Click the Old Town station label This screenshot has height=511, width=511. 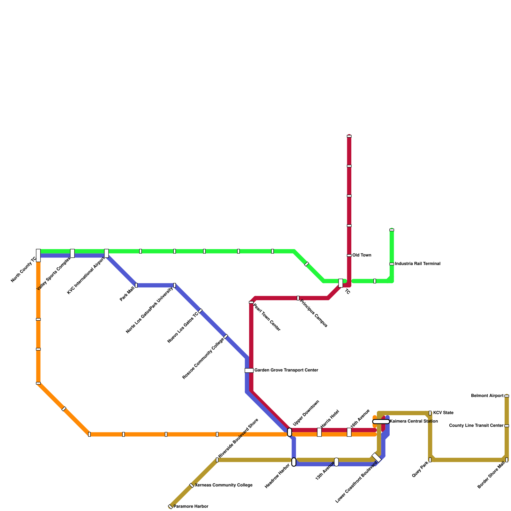pyautogui.click(x=362, y=256)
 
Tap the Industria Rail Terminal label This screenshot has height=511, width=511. pyautogui.click(x=417, y=264)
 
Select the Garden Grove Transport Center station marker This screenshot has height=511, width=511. pyautogui.click(x=249, y=370)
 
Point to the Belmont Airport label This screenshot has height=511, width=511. pyautogui.click(x=487, y=396)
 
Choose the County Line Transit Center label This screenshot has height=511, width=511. pyautogui.click(x=476, y=426)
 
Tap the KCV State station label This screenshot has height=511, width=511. pyautogui.click(x=443, y=413)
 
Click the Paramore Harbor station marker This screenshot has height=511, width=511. pyautogui.click(x=170, y=507)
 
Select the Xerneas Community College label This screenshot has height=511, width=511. pyautogui.click(x=224, y=485)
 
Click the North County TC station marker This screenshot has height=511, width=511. pyautogui.click(x=38, y=255)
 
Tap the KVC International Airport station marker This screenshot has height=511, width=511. pyautogui.click(x=106, y=253)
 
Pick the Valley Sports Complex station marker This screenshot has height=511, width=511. pyautogui.click(x=72, y=253)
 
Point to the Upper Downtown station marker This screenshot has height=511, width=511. pyautogui.click(x=289, y=432)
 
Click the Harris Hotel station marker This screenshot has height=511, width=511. pyautogui.click(x=319, y=432)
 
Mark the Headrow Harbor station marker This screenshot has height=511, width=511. pyautogui.click(x=294, y=462)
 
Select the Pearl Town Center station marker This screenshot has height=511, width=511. pyautogui.click(x=251, y=302)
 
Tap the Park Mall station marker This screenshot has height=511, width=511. pyautogui.click(x=136, y=285)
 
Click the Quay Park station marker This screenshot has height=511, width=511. pyautogui.click(x=430, y=460)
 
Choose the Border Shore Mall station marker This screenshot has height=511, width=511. pyautogui.click(x=507, y=460)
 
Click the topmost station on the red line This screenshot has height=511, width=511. pyautogui.click(x=349, y=136)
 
